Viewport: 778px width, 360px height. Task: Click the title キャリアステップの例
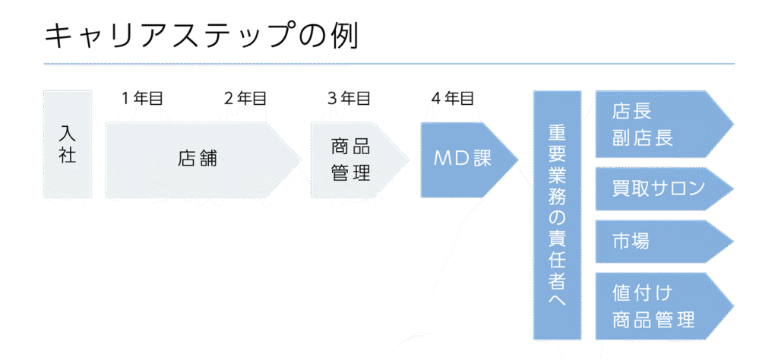tap(201, 36)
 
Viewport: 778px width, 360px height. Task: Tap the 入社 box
tap(68, 144)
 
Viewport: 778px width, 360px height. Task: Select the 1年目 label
tap(142, 98)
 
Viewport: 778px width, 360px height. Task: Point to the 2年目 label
tap(245, 98)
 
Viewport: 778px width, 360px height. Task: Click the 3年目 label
tap(349, 98)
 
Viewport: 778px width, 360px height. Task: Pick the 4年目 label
tap(452, 98)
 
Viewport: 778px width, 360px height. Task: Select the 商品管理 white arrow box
tap(352, 159)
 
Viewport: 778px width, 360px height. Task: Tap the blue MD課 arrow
tap(462, 159)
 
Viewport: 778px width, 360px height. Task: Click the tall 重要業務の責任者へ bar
tap(557, 215)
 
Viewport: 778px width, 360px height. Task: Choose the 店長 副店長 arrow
tap(653, 125)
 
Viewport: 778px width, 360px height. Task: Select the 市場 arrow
tap(653, 242)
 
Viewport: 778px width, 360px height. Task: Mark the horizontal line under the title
tap(388, 64)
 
